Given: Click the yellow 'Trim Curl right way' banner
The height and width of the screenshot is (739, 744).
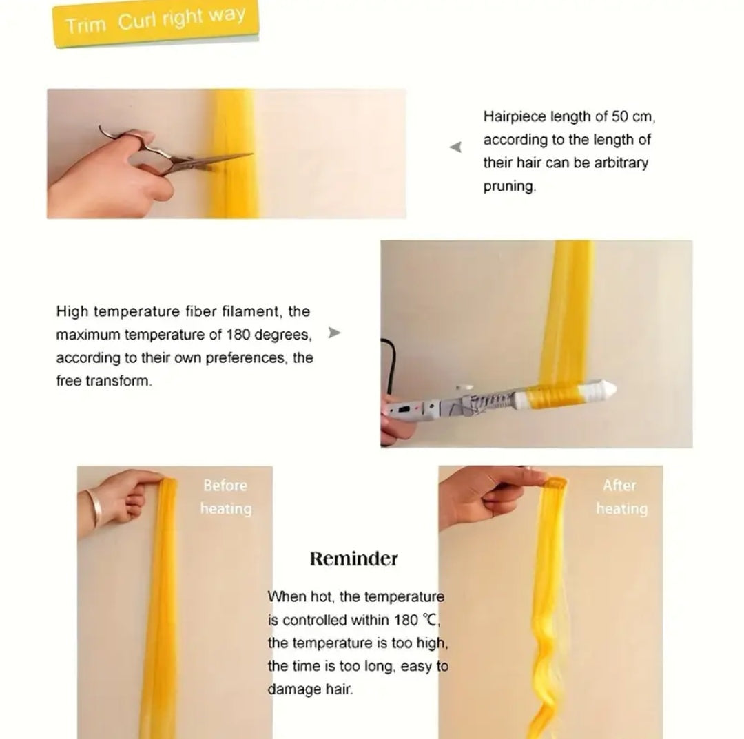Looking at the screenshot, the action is [156, 23].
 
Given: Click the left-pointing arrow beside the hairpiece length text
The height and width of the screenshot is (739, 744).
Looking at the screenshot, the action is [455, 147].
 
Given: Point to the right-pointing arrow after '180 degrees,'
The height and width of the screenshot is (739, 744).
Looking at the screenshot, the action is [334, 333].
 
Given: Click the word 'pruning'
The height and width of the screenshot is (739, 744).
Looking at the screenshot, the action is [508, 186].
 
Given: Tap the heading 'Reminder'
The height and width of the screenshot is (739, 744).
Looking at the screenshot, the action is [354, 559].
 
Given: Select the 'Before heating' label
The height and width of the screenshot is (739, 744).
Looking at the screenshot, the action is [226, 497].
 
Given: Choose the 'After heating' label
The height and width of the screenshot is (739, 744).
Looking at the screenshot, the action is [621, 497].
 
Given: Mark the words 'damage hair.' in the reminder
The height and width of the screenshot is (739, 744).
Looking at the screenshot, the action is [310, 689].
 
